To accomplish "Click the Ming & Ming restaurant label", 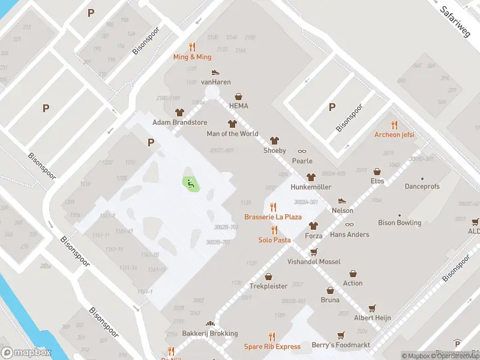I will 192,57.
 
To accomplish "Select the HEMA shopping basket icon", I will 239,96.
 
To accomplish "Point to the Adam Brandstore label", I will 180,122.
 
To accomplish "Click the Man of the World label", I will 232,134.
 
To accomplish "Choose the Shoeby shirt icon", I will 275,141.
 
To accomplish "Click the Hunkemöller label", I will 311,187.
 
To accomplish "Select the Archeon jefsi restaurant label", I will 394,134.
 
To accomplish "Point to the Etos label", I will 377,181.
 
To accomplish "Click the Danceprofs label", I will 422,187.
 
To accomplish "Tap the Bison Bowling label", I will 400,223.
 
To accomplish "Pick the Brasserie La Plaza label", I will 273,217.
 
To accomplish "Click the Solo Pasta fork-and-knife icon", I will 274,230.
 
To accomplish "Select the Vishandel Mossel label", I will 314,262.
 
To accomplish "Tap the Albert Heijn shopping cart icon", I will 373,308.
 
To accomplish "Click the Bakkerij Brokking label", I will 210,334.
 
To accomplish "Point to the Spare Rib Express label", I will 272,347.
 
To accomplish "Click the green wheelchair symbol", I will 190,184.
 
